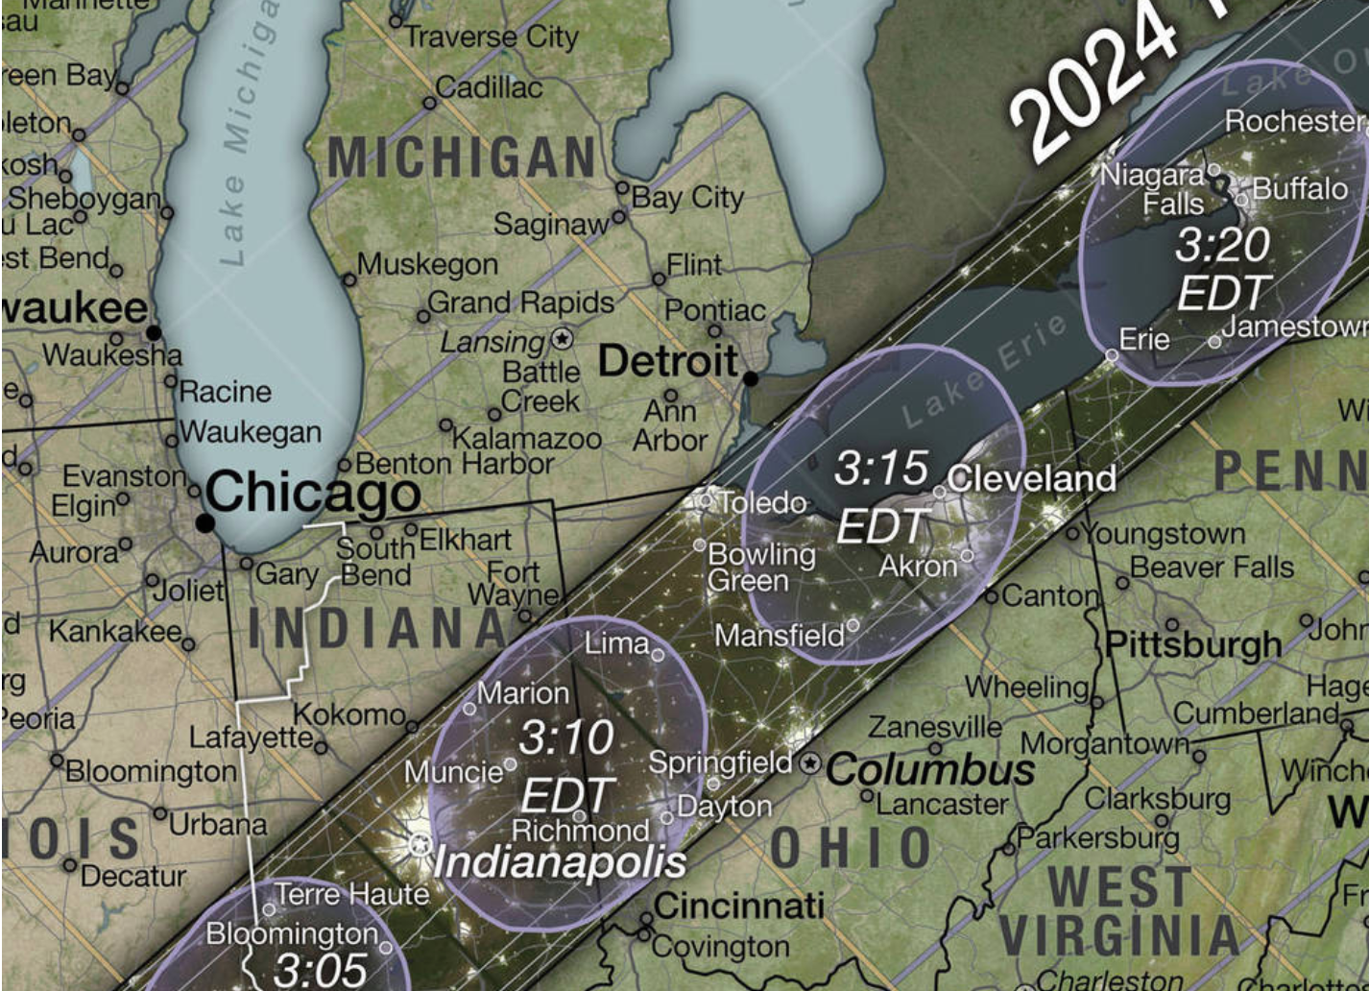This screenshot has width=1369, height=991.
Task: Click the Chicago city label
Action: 312,493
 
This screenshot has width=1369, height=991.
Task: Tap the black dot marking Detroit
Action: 751,378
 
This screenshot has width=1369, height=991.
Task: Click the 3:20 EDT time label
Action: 1223,269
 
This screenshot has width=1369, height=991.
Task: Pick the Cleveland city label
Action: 1032,477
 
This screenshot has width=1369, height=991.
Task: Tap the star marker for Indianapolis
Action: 420,845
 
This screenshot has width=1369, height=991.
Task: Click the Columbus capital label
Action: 930,769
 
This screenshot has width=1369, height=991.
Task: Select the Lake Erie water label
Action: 984,370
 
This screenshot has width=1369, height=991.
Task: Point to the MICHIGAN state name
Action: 463,157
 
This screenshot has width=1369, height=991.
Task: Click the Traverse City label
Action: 492,36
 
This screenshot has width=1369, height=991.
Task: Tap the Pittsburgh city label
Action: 1193,644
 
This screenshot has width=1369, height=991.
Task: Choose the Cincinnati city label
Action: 738,905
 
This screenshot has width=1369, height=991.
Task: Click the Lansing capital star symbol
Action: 562,339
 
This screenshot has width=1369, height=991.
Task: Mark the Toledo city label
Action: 762,502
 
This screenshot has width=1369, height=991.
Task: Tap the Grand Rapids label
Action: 520,302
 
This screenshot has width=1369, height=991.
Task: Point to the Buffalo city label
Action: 1300,188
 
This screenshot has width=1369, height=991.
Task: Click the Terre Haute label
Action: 352,894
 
